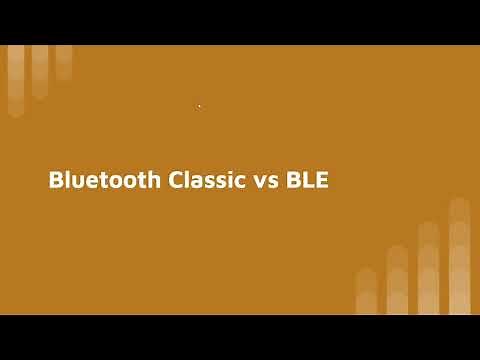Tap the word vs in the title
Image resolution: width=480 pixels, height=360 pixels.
pos(263,183)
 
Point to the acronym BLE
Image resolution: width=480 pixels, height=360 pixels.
pos(307,181)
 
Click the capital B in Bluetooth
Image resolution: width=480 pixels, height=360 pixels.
pos(56,181)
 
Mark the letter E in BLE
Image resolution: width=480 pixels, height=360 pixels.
pos(322,181)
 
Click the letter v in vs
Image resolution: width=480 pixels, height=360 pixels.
pos(257,183)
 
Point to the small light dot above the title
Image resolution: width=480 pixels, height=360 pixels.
pos(199,106)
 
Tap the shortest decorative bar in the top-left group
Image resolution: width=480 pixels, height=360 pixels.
pos(64,62)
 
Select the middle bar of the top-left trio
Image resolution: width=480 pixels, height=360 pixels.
pos(40,70)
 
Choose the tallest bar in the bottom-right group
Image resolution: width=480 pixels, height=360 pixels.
pos(459,256)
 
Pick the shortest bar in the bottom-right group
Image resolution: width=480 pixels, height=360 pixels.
pos(366,291)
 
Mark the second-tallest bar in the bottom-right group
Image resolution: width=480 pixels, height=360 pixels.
pos(429,268)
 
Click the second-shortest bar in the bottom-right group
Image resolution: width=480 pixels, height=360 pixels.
pos(397,280)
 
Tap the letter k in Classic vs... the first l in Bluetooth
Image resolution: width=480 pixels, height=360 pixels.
pos(70,181)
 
